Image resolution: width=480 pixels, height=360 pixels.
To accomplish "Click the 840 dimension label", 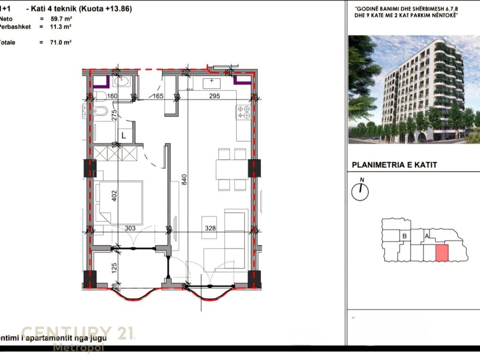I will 184,179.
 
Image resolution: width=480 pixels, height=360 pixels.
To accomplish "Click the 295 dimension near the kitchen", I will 214,96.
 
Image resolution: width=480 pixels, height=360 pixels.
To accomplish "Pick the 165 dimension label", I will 156,96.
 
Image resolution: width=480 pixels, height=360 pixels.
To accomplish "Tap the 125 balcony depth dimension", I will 113,269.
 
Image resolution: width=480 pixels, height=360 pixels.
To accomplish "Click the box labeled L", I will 124,135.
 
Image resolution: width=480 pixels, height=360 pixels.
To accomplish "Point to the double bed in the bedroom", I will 120,202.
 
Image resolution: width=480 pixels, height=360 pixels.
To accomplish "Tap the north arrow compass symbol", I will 360,190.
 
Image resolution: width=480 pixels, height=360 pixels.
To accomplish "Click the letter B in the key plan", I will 405,236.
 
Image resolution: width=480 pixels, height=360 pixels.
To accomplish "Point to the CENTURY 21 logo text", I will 78,333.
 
